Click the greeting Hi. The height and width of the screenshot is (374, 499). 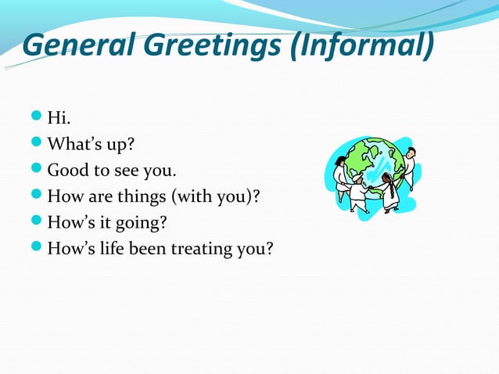tap(57, 118)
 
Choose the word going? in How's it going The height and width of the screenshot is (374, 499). tap(143, 224)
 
